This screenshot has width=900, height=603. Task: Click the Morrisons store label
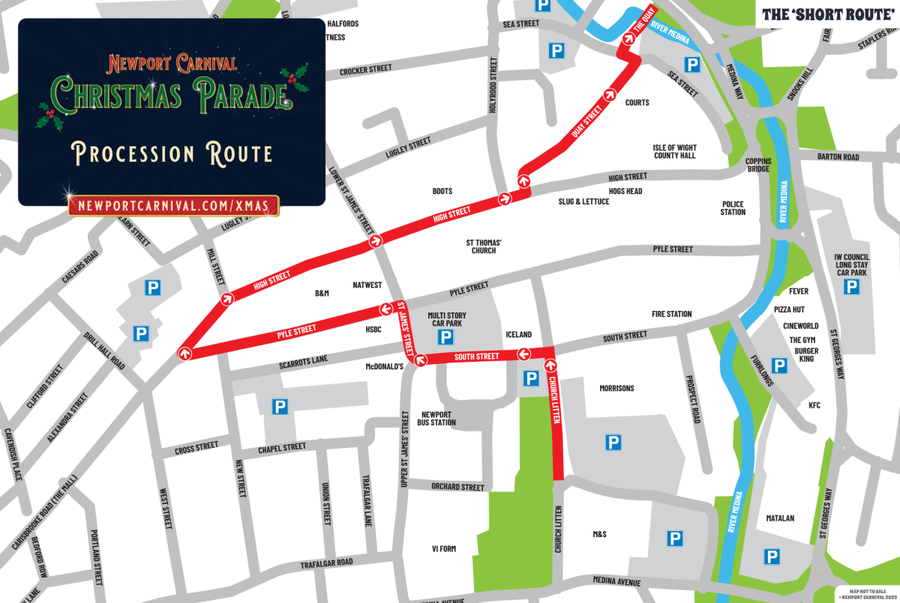pos(616,388)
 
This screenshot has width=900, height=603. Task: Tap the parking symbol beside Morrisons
pos(613,443)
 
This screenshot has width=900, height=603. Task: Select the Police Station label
pos(733,207)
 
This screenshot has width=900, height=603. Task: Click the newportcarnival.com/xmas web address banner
pos(173,205)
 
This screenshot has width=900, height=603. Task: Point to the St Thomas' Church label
pos(484,246)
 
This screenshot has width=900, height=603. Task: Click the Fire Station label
pos(671,314)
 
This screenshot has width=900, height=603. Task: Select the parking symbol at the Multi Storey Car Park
pos(445,337)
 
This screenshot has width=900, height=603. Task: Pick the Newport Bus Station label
pos(439,418)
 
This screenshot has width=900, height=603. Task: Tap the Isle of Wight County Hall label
pos(674,151)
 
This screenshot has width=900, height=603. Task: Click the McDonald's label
pos(385,366)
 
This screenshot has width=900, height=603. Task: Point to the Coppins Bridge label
pos(757,165)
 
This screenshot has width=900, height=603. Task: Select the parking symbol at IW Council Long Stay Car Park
pos(852,287)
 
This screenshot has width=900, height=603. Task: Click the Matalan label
pos(780,518)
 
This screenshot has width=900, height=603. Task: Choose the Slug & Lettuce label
pos(583,201)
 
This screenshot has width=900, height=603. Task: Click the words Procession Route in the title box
pos(172,154)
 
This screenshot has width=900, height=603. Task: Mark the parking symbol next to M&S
pos(675,538)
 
